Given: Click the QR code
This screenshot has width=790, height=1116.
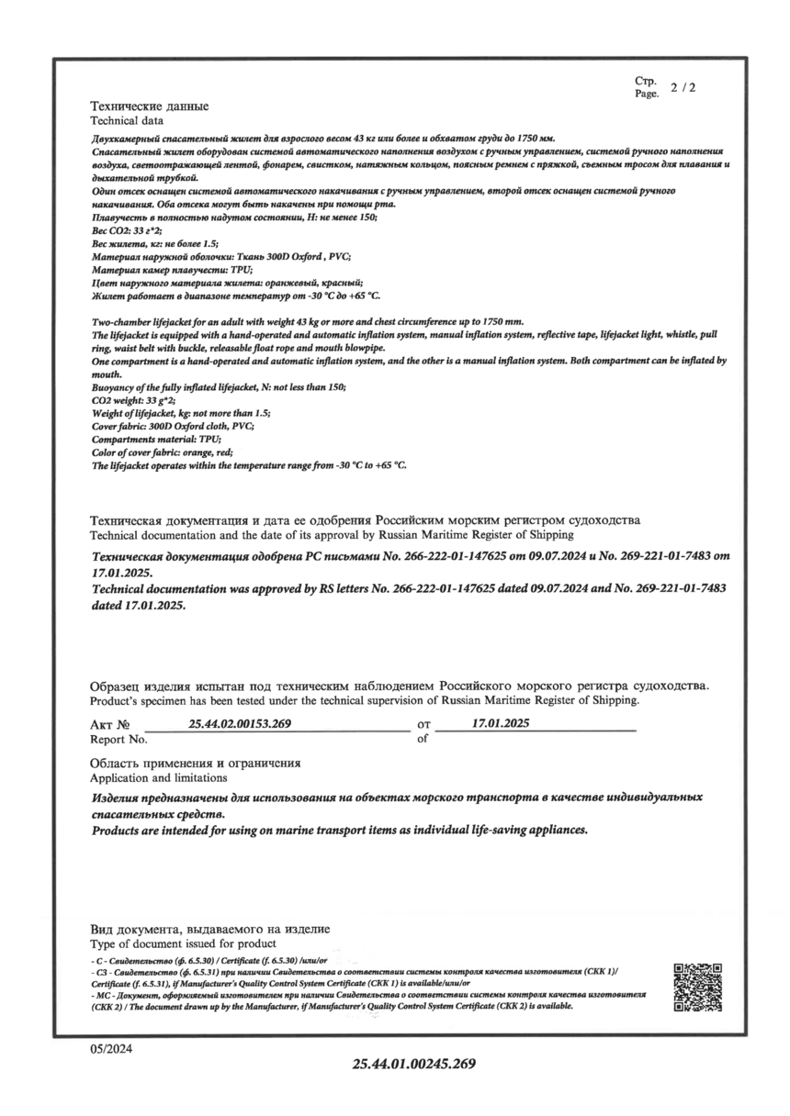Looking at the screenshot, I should click(x=697, y=987).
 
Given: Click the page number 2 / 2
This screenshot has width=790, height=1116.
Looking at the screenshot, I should click(x=683, y=89).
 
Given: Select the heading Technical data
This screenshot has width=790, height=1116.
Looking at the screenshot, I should click(x=127, y=120).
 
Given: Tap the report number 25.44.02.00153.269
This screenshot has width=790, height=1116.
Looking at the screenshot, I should click(x=240, y=724).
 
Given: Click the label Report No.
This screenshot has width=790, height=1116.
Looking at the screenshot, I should click(x=118, y=738).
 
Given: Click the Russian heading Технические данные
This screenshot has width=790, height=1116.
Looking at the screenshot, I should click(x=149, y=106).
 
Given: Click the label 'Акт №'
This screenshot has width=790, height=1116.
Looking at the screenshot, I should click(x=111, y=725).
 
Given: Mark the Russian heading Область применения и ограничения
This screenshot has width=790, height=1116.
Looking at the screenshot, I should click(x=196, y=764).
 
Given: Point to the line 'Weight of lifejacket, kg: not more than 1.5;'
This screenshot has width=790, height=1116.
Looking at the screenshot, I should click(x=182, y=414).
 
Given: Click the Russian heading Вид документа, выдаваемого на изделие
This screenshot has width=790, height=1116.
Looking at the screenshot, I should click(x=209, y=930).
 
